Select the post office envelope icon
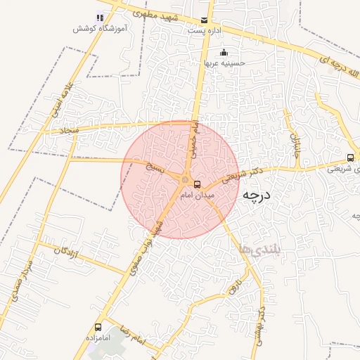point(204,20)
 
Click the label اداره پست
point(205,31)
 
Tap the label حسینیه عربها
point(224,63)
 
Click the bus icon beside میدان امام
point(196,184)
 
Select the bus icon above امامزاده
point(98,327)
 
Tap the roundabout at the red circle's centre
point(186,180)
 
